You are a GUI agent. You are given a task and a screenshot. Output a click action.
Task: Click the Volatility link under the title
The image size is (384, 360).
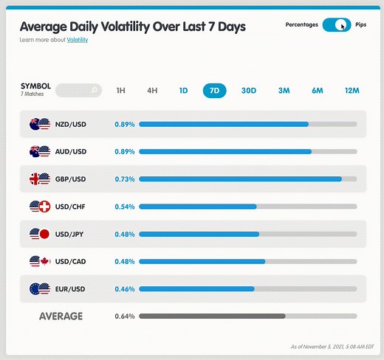[x=77, y=39]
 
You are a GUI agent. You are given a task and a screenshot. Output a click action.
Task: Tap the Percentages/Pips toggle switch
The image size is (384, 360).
[x=337, y=25]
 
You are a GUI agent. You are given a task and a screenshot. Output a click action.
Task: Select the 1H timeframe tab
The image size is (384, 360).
[x=121, y=91]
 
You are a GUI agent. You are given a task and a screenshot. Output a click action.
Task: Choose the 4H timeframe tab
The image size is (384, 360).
[x=152, y=91]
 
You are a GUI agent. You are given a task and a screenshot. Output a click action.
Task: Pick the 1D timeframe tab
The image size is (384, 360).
[x=183, y=91]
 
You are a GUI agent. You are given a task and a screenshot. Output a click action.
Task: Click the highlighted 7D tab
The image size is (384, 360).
[x=214, y=91]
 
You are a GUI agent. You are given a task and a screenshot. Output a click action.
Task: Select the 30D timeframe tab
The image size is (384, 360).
[x=249, y=91]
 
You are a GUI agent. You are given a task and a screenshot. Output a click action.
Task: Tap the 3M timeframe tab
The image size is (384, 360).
[x=284, y=91]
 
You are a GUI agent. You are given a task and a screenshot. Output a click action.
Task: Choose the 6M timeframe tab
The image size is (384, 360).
[x=318, y=91]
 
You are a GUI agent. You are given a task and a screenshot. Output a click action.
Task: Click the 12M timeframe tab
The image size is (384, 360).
[x=351, y=91]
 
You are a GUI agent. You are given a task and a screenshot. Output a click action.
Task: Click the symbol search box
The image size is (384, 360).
[x=78, y=91]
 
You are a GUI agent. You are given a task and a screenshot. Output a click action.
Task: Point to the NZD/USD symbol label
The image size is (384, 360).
[x=71, y=124]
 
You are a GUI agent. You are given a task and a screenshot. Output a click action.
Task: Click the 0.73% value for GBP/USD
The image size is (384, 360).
[x=125, y=179]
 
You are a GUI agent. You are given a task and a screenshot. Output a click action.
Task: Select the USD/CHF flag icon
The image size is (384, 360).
[x=39, y=207]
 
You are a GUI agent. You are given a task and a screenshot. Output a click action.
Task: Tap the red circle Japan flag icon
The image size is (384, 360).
[x=43, y=234]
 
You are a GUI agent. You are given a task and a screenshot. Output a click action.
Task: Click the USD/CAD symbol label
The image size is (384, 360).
[x=71, y=261]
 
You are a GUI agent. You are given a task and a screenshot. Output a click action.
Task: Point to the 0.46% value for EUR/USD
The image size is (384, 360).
[x=125, y=288]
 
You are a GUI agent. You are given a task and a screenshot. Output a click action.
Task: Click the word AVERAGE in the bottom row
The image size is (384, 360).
[x=61, y=316]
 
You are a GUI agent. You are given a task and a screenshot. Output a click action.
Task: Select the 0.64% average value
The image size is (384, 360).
[x=125, y=316]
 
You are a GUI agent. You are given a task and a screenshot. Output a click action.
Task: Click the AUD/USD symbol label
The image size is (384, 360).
[x=71, y=151]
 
